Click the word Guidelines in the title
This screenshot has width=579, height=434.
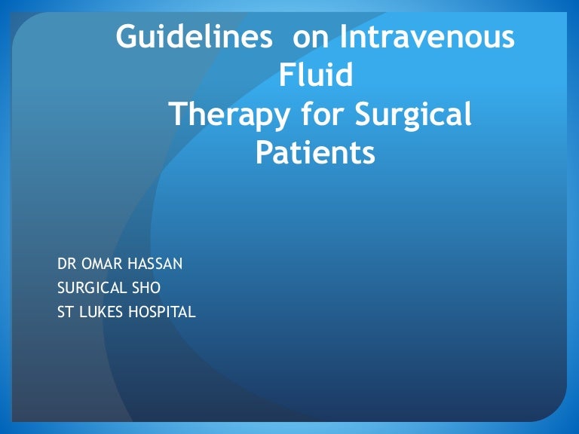click(x=195, y=36)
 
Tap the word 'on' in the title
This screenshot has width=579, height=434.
click(x=311, y=39)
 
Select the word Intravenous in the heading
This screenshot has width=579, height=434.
click(x=427, y=36)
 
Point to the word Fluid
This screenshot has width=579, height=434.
click(x=316, y=74)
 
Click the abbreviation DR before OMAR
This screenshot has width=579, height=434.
click(x=66, y=264)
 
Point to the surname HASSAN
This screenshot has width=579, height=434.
click(x=155, y=264)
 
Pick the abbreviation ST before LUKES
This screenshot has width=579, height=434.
click(x=66, y=312)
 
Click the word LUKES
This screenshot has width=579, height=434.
click(x=101, y=312)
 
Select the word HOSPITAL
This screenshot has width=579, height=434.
click(x=162, y=312)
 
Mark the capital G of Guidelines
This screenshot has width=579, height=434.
click(x=126, y=36)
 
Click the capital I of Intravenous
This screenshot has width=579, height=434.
click(x=342, y=36)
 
